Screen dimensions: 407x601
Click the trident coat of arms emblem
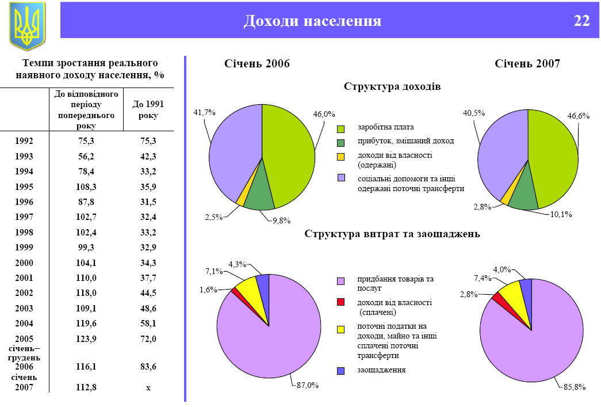[x=27, y=25]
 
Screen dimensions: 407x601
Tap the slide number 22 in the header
[x=581, y=21]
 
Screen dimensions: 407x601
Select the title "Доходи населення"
[x=312, y=21]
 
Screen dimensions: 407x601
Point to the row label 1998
[x=24, y=233]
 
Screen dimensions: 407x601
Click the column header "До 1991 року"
[x=144, y=109]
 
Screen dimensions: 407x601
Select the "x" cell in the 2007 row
[x=148, y=387]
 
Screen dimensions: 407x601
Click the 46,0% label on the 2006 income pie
[x=324, y=114]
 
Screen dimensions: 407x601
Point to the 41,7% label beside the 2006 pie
[x=204, y=113]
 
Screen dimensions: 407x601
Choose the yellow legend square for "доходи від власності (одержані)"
[x=340, y=156]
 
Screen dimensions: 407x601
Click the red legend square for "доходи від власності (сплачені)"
[x=340, y=303]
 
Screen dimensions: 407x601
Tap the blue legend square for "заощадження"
[x=340, y=370]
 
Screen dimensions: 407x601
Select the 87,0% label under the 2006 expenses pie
[x=308, y=385]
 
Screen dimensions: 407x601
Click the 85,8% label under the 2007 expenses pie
[x=573, y=387]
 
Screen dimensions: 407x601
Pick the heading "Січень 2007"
[x=527, y=64]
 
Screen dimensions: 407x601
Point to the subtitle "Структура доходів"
[x=392, y=86]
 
